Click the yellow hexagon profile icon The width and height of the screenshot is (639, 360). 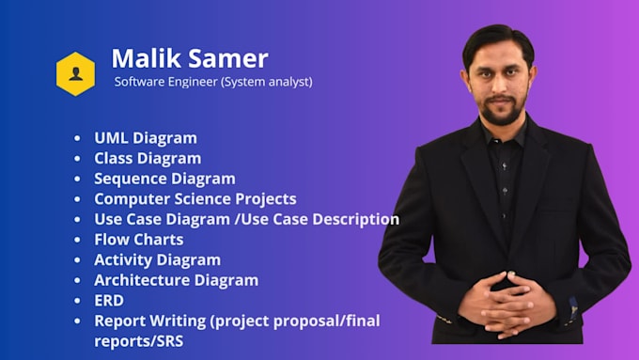click(75, 73)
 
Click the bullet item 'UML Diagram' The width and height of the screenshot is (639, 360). click(146, 138)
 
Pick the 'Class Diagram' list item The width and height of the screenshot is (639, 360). click(148, 158)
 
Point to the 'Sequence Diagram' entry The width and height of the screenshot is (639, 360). click(164, 179)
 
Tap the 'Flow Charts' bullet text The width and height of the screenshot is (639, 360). click(139, 240)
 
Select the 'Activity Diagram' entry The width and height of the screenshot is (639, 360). click(157, 260)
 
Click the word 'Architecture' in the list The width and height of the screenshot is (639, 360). click(141, 280)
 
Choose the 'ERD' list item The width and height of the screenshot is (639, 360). click(109, 301)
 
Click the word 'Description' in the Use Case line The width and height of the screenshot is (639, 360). click(354, 219)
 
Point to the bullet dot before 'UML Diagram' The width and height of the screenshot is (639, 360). click(77, 139)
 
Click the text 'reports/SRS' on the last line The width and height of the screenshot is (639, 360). click(138, 340)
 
